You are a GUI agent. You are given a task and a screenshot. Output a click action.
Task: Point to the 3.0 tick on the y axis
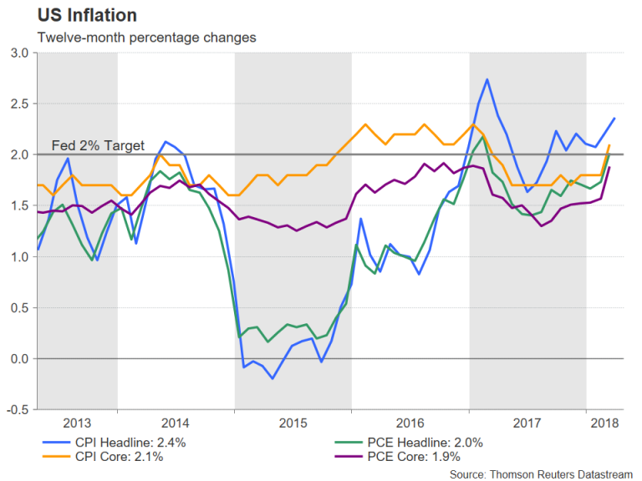(x=19, y=53)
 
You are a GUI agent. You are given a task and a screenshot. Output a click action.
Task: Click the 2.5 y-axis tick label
(x=19, y=104)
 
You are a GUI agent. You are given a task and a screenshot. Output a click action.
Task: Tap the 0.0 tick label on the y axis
(x=19, y=359)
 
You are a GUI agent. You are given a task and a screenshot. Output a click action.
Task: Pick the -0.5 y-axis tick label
(x=18, y=410)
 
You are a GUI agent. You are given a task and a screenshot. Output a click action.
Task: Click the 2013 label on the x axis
(x=76, y=423)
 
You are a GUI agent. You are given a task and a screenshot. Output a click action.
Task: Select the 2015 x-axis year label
(x=292, y=423)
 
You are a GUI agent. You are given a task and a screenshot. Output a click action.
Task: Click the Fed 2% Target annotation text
(x=98, y=145)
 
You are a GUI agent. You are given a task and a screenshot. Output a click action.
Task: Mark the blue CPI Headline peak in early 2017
(x=487, y=79)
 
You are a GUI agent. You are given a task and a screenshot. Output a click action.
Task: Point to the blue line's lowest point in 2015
(x=273, y=378)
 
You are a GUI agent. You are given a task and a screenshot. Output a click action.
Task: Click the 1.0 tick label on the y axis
(x=19, y=256)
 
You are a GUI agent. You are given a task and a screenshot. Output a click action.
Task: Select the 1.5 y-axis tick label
(x=19, y=205)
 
